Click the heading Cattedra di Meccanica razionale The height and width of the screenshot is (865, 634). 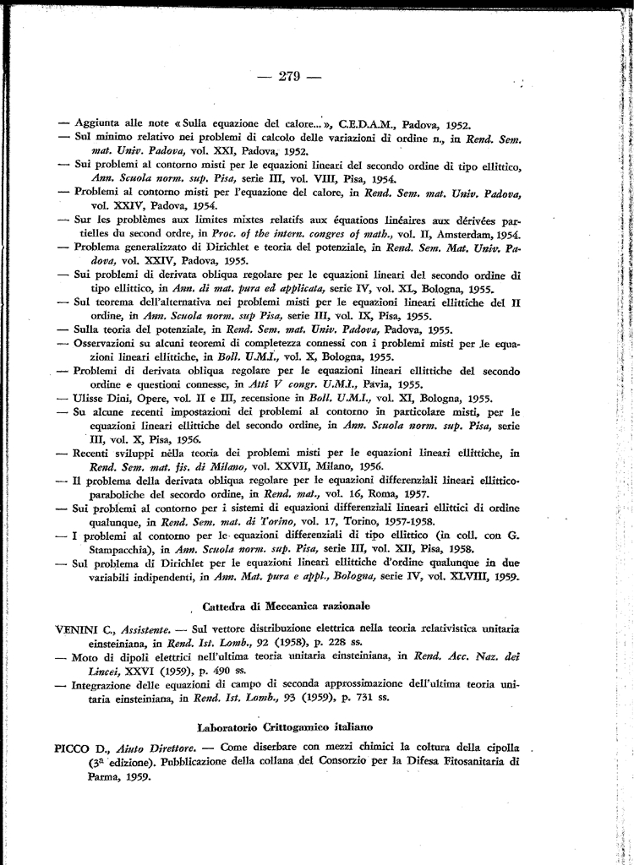pos(287,607)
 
